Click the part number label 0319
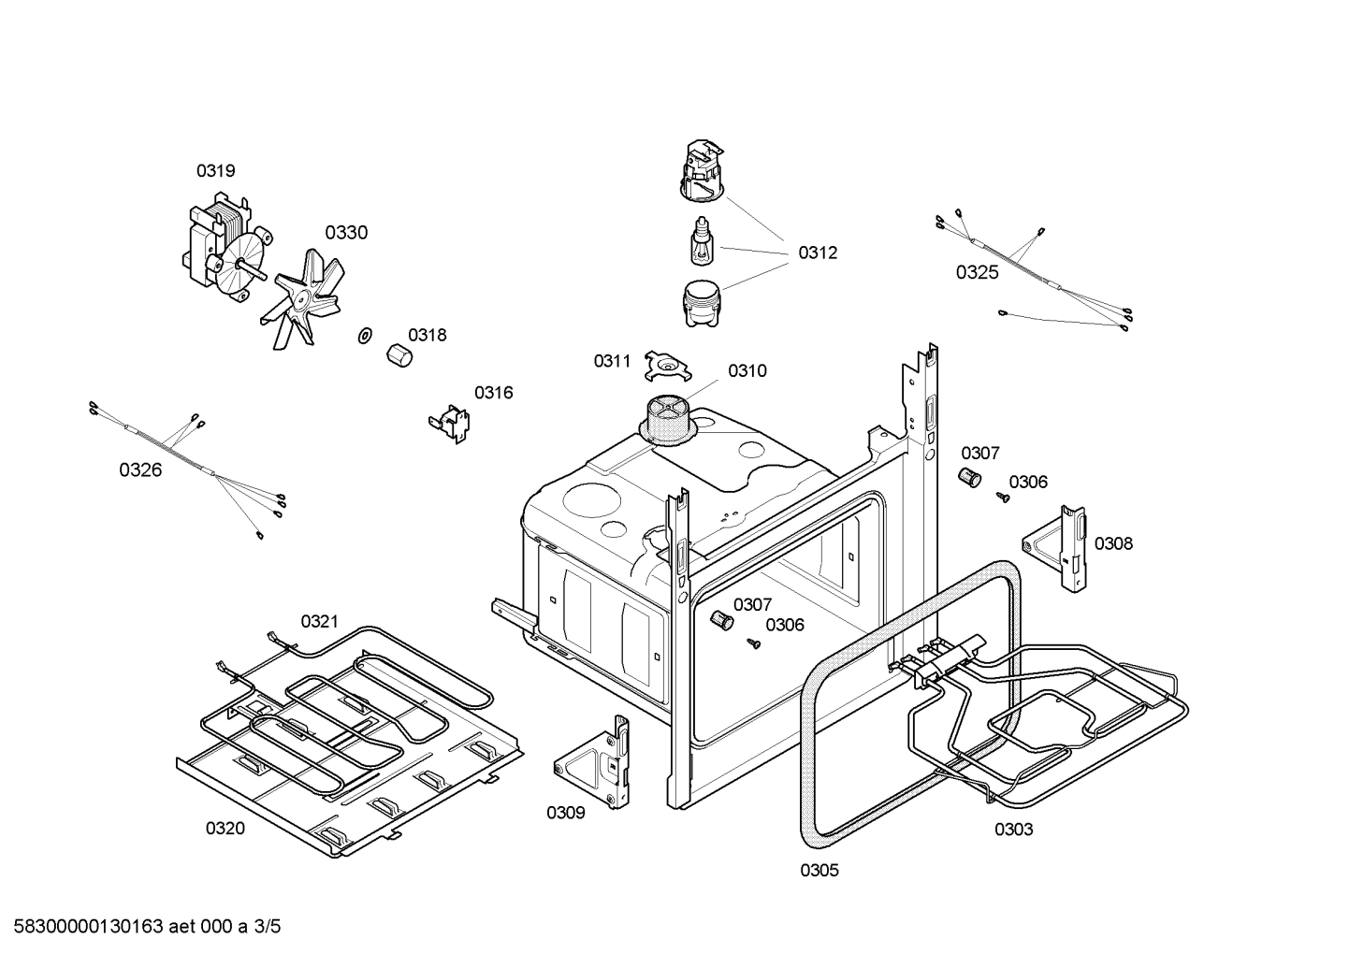(215, 171)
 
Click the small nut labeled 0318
(399, 356)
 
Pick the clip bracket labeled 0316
(450, 421)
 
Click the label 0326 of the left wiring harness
(140, 470)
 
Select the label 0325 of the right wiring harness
(977, 273)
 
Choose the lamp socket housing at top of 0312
(703, 170)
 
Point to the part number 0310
(747, 371)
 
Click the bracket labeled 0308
(1062, 549)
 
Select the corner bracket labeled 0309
(596, 760)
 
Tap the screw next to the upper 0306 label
(1002, 498)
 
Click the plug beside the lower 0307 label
(719, 620)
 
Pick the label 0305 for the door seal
(819, 871)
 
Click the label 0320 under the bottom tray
(225, 829)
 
